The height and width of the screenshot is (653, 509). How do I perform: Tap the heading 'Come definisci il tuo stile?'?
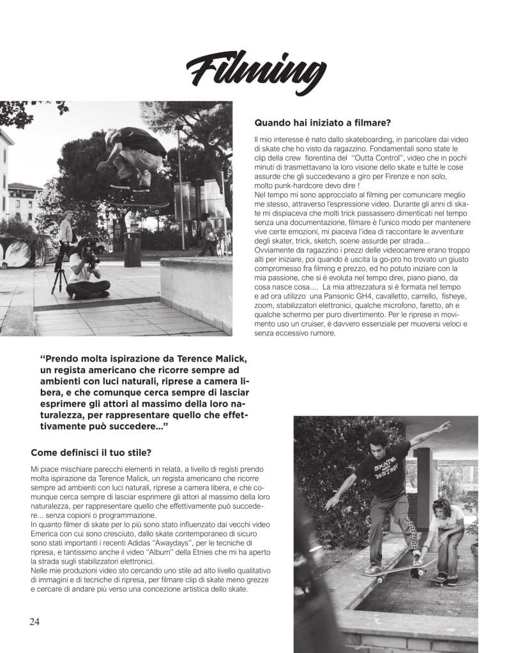click(x=91, y=453)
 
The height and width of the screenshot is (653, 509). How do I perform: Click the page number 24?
click(x=34, y=622)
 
